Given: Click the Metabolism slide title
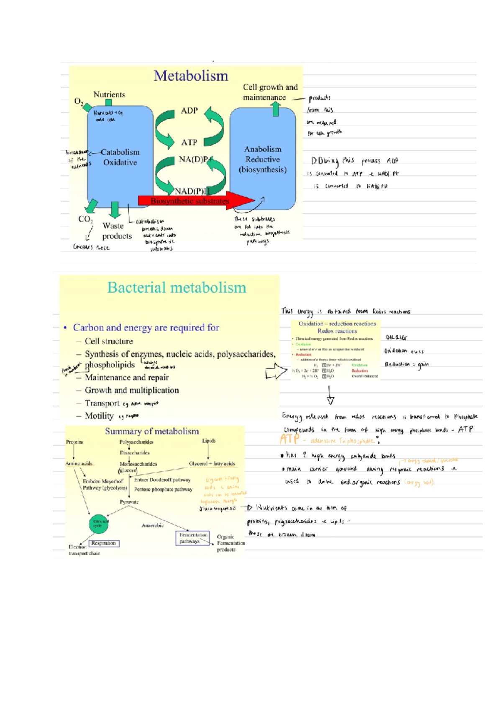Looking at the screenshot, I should (x=191, y=76).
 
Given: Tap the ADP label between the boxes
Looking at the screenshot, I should (x=189, y=110).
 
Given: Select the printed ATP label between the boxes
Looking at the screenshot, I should (x=189, y=142).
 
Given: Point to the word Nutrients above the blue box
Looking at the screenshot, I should (x=109, y=94).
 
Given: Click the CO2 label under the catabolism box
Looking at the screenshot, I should (x=85, y=219).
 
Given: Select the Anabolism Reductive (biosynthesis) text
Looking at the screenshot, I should (x=263, y=159).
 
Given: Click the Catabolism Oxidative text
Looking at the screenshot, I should (x=120, y=157).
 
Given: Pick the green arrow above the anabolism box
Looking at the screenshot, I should (x=276, y=109).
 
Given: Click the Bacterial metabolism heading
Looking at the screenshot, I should (x=177, y=288).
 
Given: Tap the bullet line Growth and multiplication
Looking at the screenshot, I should (x=132, y=390).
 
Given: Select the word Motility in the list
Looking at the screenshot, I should (x=99, y=416).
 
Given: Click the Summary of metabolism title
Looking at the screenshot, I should (x=152, y=431).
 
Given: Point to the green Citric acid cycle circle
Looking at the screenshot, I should (x=99, y=524).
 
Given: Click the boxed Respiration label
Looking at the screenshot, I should (x=103, y=543).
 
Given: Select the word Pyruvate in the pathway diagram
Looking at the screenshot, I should (x=129, y=502).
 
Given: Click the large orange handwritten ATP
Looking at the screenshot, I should (x=289, y=439).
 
